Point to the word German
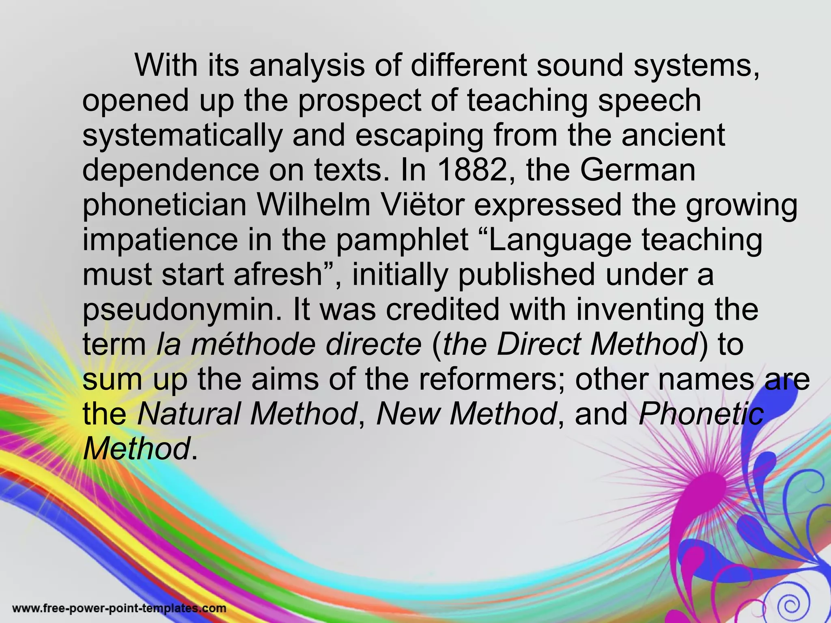[x=638, y=170]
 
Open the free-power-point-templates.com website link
[x=120, y=608]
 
